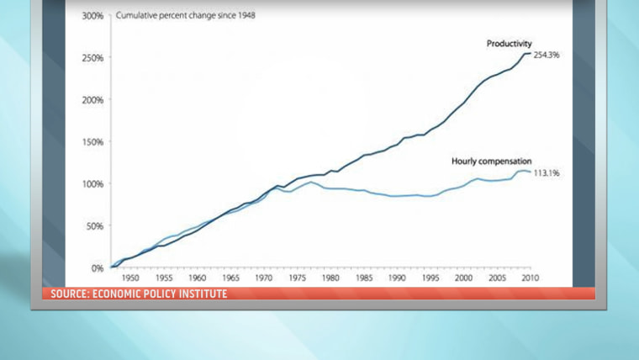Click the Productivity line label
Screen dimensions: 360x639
point(510,43)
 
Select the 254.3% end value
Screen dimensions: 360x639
point(547,55)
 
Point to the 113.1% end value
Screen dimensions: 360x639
point(547,173)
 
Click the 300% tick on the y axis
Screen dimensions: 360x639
point(92,16)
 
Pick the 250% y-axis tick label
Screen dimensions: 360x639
point(92,58)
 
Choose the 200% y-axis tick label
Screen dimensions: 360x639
point(92,100)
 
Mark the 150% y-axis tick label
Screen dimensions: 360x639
point(92,142)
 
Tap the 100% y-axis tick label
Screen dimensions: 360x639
point(92,184)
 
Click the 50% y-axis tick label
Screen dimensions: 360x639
point(94,226)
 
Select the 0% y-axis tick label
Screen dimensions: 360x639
point(97,268)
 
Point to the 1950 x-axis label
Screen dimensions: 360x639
point(131,278)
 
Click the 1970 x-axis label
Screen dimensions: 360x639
point(264,278)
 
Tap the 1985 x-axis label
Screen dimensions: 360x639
point(363,278)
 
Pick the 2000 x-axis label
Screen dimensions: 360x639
point(463,278)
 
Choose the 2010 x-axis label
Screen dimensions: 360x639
point(530,278)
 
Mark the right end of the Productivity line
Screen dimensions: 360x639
point(531,54)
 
